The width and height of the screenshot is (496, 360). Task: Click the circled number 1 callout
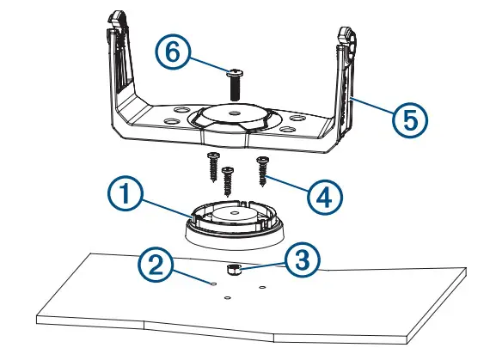[126, 193]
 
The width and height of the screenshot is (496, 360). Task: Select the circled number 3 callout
[302, 259]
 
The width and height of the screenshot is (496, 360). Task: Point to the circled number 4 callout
[325, 198]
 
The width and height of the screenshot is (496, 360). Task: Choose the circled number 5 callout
[410, 120]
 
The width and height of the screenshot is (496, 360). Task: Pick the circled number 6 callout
[173, 52]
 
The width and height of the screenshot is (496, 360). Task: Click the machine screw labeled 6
[235, 83]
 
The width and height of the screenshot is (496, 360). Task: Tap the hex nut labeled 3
[234, 271]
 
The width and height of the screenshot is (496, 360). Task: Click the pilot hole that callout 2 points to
[213, 284]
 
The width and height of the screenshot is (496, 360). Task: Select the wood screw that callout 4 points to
[263, 171]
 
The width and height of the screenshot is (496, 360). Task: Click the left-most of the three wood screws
[213, 168]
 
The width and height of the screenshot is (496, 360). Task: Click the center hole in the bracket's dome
[234, 113]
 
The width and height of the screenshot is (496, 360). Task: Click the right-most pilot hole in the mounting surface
[262, 287]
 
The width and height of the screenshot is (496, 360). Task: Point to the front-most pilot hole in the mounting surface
[228, 298]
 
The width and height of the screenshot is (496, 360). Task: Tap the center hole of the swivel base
[234, 212]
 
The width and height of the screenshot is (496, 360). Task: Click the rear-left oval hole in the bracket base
[181, 110]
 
